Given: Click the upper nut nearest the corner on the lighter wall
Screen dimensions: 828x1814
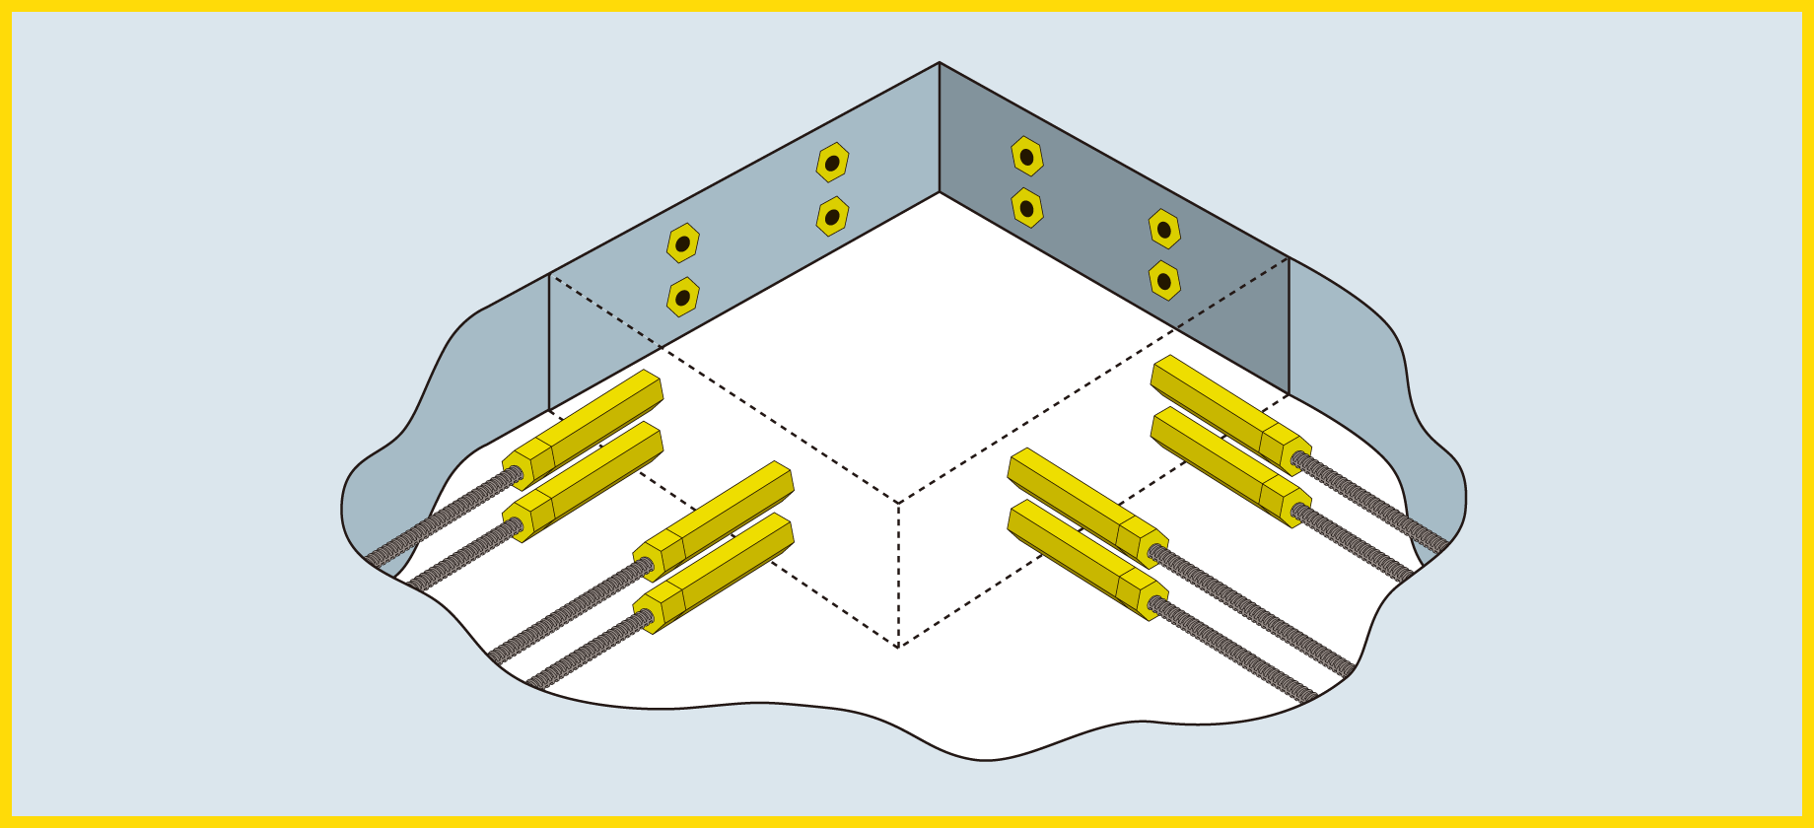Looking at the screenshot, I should (x=832, y=163).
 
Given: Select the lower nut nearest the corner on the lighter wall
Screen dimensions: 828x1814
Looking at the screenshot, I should (x=832, y=217).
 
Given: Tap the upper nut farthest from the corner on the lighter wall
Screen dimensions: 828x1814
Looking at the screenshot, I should (x=682, y=242).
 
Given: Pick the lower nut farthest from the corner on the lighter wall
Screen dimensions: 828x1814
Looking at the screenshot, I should (x=682, y=297).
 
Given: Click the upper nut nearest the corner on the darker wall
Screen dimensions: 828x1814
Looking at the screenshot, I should (x=1027, y=156).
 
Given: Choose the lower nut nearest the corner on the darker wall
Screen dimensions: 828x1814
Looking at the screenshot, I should (x=1027, y=208).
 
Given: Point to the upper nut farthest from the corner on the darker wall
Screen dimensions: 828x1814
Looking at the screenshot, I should (x=1164, y=229).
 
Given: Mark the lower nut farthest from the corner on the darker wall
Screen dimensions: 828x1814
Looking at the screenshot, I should (x=1164, y=281).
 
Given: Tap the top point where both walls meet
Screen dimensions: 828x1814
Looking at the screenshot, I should (x=940, y=64).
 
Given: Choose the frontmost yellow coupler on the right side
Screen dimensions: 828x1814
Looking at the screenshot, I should (x=1084, y=557).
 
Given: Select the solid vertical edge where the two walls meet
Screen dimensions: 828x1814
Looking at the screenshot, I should (x=940, y=128).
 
